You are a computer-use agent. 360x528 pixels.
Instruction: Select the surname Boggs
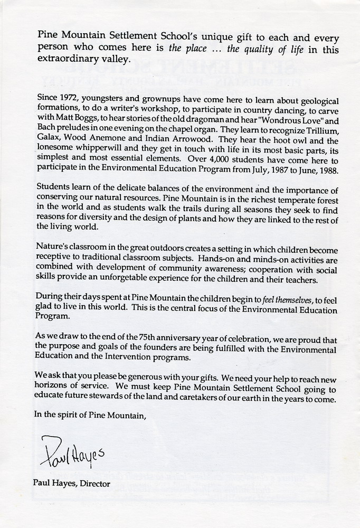click(82, 120)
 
